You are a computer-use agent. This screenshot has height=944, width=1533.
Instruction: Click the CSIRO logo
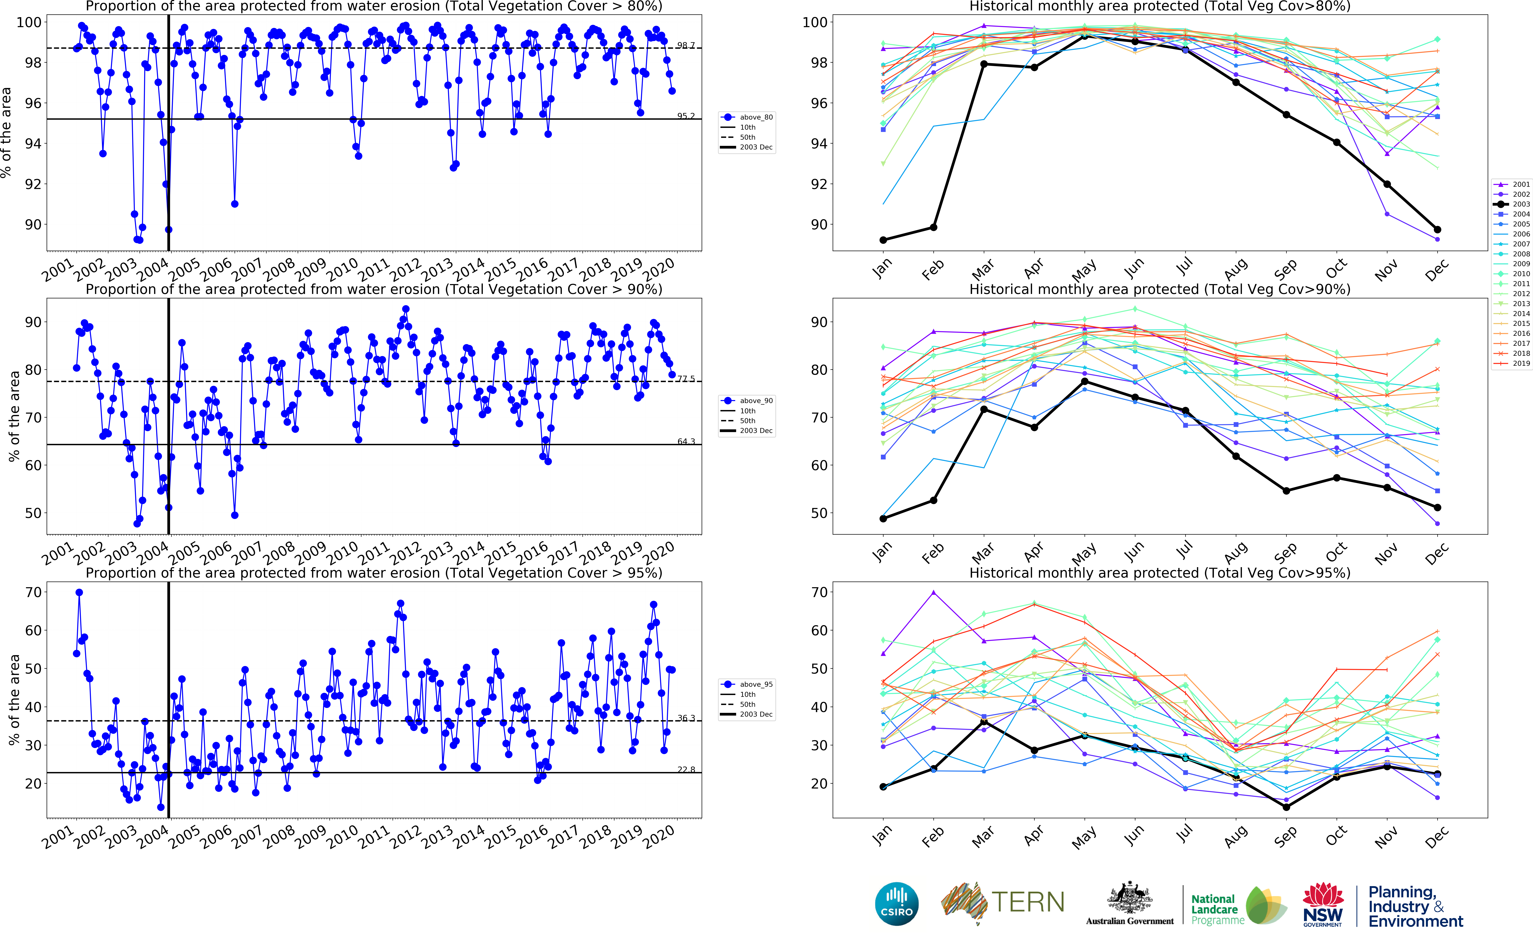[897, 903]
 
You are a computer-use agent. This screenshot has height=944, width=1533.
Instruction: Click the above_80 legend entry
[747, 117]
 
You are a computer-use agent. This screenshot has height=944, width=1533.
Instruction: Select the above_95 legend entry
[747, 684]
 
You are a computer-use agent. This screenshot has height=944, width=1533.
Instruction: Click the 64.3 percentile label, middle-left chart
[686, 441]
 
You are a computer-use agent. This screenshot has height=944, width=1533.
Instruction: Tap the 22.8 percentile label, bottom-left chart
[686, 770]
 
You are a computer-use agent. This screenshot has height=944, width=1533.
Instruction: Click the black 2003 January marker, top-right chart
[883, 240]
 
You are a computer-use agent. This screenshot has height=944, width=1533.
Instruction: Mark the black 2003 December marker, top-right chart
[1437, 230]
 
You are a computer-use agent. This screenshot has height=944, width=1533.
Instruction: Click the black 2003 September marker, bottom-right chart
[1286, 807]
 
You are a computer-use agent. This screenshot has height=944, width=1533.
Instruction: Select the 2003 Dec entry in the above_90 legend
[747, 431]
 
